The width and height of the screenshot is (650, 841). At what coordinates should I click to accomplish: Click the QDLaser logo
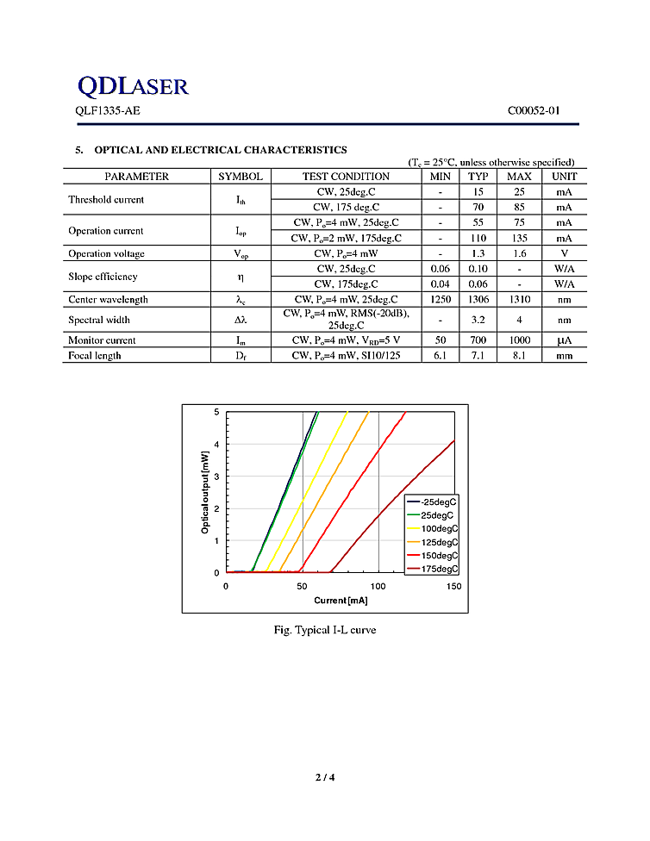click(133, 85)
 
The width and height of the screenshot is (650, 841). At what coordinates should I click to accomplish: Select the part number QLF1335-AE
click(107, 111)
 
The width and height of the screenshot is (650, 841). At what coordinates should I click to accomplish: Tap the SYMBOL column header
click(240, 177)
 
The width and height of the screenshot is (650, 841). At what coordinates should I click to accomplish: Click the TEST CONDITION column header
click(346, 177)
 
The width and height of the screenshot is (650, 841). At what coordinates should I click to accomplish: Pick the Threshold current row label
click(106, 200)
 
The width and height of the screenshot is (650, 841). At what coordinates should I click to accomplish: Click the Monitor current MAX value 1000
click(519, 340)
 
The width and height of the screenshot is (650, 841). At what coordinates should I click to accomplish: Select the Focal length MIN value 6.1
click(440, 356)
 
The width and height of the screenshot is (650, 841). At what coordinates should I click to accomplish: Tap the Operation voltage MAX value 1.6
click(519, 254)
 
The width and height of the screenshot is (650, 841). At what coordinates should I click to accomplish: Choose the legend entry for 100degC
click(439, 528)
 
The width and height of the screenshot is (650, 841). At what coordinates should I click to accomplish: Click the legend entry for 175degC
click(439, 570)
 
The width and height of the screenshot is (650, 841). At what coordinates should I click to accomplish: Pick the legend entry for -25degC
click(439, 501)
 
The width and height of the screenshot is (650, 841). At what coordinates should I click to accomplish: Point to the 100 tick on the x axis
click(378, 587)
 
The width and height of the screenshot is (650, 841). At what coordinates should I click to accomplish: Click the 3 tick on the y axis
click(217, 477)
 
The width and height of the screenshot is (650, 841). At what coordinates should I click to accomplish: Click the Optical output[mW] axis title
click(205, 491)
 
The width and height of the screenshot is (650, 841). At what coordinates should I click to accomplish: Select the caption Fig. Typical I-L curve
click(324, 631)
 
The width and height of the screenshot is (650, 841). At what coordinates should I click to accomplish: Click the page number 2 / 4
click(324, 778)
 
